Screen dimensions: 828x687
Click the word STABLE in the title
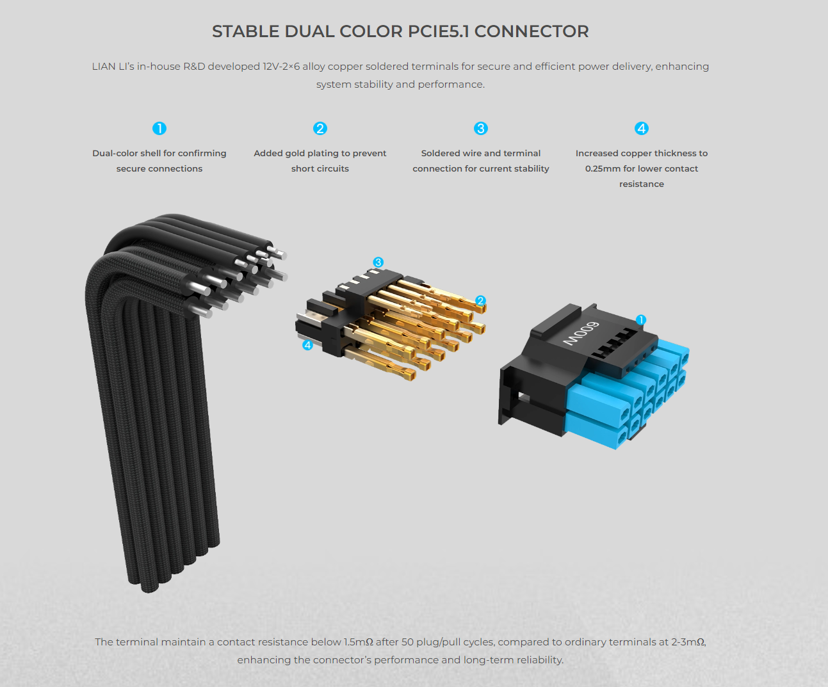click(245, 32)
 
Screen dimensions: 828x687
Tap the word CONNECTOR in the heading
click(532, 32)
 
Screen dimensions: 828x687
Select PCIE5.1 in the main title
click(438, 32)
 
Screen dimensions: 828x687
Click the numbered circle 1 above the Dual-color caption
click(159, 129)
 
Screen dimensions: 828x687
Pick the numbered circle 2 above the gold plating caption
click(320, 129)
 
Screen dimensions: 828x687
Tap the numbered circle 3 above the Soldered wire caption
click(481, 129)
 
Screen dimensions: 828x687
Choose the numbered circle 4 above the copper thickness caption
click(642, 129)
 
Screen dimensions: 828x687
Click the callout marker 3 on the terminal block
click(378, 263)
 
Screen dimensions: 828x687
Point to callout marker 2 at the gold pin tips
click(481, 300)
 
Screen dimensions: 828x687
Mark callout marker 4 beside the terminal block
click(307, 345)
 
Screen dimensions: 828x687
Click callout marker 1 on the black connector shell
click(641, 319)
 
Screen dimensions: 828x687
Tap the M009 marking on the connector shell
click(581, 333)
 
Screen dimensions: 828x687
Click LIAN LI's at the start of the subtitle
click(113, 66)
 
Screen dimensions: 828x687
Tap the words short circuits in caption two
click(320, 168)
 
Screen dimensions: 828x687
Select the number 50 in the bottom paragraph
click(408, 642)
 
